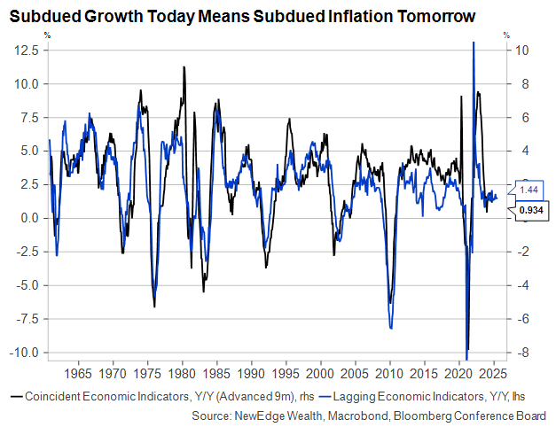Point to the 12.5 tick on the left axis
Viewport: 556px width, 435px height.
click(x=26, y=51)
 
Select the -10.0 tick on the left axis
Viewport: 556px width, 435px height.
click(x=24, y=352)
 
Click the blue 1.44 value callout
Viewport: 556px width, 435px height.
click(x=529, y=190)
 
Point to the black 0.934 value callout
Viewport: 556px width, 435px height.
click(x=531, y=211)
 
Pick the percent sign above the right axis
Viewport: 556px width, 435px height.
click(x=505, y=35)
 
